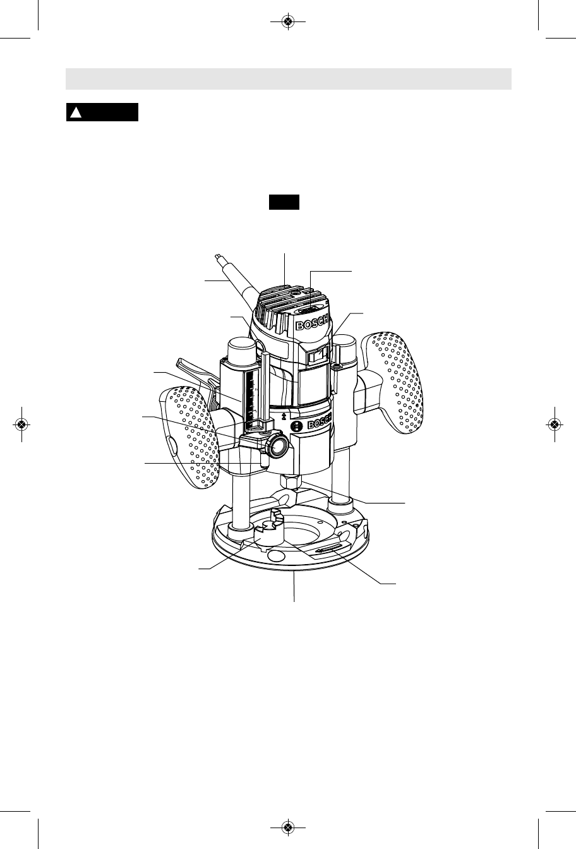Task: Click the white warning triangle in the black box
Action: click(x=76, y=112)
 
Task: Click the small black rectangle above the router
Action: click(x=284, y=202)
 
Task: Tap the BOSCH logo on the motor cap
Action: click(x=311, y=323)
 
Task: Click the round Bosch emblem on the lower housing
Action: click(x=296, y=426)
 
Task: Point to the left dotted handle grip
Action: click(x=190, y=437)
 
